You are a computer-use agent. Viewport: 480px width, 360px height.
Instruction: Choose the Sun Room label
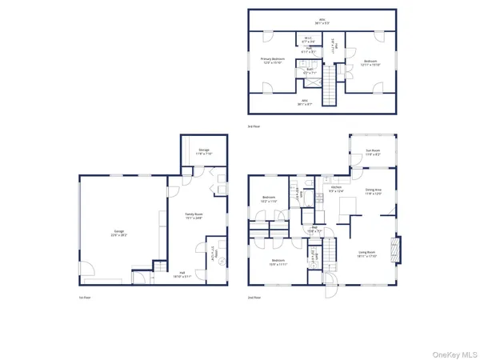tap(373, 150)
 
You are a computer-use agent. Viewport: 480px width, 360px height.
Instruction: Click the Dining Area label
tap(374, 189)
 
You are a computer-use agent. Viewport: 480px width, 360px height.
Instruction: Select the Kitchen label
tap(336, 187)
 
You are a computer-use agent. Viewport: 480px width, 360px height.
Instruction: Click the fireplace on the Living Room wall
tap(393, 250)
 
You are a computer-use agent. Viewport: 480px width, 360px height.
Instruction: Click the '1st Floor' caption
tap(83, 298)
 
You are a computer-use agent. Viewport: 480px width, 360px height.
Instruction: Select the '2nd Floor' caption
tap(254, 298)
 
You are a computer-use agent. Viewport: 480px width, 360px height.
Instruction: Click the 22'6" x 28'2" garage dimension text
tap(118, 235)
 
